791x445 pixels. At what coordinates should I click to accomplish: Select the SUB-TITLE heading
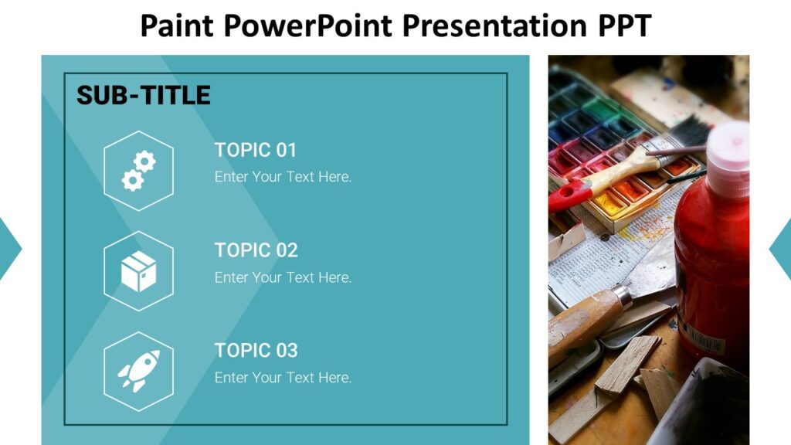coord(143,96)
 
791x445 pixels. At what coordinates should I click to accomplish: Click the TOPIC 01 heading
coord(256,150)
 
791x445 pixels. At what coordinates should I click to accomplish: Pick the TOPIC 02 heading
coord(256,250)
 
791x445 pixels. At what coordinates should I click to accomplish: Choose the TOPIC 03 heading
coord(256,350)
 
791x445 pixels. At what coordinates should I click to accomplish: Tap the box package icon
coord(139,272)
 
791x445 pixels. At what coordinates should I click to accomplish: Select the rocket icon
coord(139,372)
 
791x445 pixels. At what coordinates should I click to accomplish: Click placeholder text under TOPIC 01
coord(283,177)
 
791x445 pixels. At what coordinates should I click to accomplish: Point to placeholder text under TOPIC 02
coord(283,277)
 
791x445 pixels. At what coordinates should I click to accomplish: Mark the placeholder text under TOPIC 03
coord(283,378)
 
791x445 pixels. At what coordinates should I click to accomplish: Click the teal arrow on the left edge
coord(8,248)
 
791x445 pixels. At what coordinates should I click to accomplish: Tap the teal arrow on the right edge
coord(782,248)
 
